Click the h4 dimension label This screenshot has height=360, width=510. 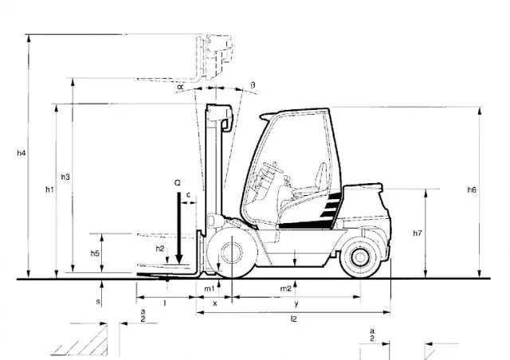click(22, 152)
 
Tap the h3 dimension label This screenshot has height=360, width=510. click(65, 177)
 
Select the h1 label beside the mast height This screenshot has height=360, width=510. click(49, 190)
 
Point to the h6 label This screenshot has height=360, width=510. click(472, 190)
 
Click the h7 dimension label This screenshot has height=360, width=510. click(418, 233)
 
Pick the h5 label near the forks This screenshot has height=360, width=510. click(95, 253)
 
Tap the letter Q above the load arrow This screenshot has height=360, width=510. click(177, 183)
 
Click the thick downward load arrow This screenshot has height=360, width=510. click(178, 228)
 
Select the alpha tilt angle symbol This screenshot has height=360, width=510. click(180, 87)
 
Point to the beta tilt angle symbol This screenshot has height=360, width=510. click(253, 85)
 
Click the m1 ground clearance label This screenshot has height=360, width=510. click(209, 288)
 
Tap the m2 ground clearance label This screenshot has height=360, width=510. click(285, 288)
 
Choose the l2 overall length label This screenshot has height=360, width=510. click(294, 319)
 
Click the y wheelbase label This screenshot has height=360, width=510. click(296, 304)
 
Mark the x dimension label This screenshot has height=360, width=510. click(214, 303)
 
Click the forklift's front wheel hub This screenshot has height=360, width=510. click(232, 252)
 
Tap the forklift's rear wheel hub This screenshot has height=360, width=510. click(360, 257)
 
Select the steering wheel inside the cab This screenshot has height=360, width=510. click(273, 167)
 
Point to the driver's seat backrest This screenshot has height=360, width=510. click(320, 176)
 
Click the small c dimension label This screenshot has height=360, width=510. click(188, 195)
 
